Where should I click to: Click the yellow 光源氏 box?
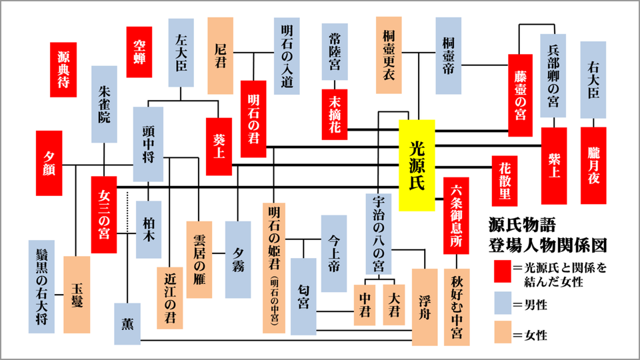click(417, 165)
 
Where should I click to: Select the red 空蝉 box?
click(139, 52)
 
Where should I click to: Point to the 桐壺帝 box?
click(448, 55)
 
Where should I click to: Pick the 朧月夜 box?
click(593, 165)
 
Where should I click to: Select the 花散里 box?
click(505, 181)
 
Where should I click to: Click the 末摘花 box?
click(334, 113)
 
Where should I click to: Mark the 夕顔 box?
click(49, 163)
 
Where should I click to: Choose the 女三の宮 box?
click(103, 215)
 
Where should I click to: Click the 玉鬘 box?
click(77, 294)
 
